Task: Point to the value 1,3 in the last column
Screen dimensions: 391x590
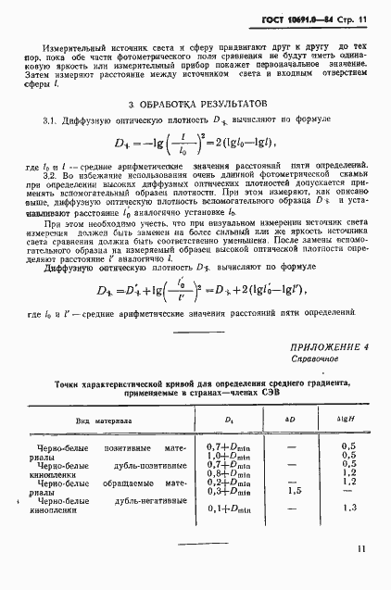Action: click(x=349, y=508)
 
